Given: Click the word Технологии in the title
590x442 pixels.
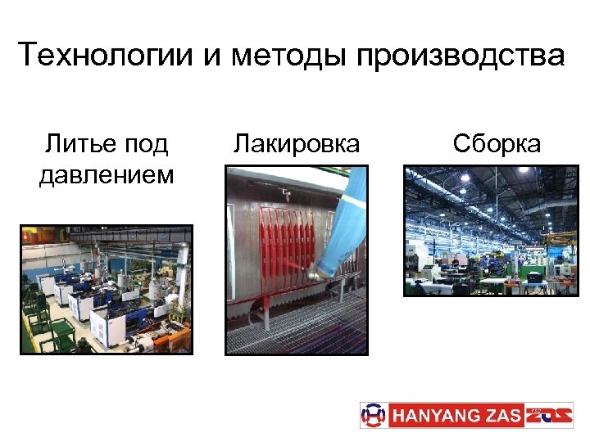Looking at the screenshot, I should coord(103,56).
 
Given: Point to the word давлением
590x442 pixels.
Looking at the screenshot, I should coord(107,174).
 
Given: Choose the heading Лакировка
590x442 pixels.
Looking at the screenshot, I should coord(297,144).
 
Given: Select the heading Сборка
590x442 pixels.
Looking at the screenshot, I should coord(497,144).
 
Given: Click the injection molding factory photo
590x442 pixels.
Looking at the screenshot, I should coord(107,289).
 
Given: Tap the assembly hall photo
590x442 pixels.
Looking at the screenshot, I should coord(491,230).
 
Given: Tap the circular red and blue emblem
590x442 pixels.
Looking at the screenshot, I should coord(373,415).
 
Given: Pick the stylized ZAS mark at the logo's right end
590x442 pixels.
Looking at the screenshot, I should coord(548,415).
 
